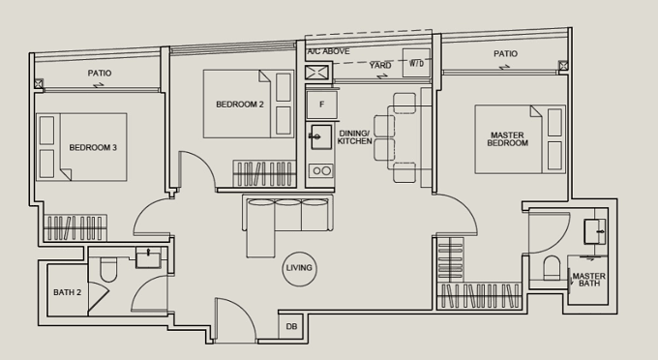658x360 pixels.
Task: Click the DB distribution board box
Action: point(291,326)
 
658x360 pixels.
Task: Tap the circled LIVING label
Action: point(299,268)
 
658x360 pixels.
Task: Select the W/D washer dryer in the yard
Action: point(416,63)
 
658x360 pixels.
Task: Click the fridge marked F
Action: point(322,105)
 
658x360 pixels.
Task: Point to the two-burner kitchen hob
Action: point(321,170)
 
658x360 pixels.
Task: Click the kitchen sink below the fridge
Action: point(320,136)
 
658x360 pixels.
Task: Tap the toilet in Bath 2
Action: point(108,269)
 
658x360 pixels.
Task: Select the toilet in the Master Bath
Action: point(552,268)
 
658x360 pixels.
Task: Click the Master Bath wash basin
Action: point(595,231)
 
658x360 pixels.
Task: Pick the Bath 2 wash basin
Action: point(148,257)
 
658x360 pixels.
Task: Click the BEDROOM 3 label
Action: point(93,148)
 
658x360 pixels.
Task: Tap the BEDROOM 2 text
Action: point(240,105)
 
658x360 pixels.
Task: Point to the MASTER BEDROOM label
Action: point(507,139)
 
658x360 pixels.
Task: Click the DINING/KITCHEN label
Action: point(354,137)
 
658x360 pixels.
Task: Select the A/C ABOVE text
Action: point(328,51)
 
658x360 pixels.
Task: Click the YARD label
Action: point(380,66)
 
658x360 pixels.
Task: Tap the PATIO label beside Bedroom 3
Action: point(100,73)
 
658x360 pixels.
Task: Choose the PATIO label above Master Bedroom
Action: point(505,53)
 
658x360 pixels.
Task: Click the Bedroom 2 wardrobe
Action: point(264,173)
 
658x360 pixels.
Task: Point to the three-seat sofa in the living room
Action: point(288,214)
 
